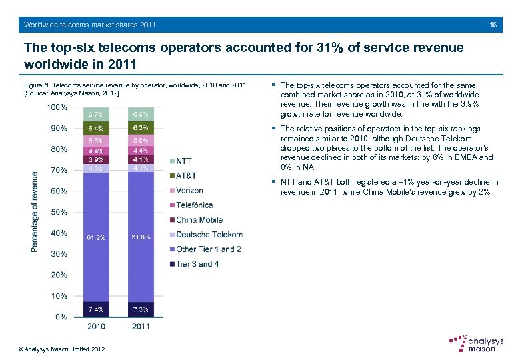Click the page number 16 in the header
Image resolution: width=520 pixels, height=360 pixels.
tap(493, 25)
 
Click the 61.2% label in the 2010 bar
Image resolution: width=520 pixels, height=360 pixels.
tap(95, 237)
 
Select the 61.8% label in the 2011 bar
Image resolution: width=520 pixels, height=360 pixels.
tap(141, 237)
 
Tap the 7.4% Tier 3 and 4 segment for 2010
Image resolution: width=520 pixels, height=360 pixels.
tap(95, 309)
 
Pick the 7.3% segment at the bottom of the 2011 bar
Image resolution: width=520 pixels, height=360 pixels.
tap(141, 309)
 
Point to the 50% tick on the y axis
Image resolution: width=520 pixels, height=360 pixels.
tap(59, 212)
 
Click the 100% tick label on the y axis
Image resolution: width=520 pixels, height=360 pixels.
tap(57, 107)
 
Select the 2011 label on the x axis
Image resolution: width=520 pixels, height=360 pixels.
tap(141, 327)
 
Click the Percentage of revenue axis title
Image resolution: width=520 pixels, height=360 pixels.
tap(35, 211)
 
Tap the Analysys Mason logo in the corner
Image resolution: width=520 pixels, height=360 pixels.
tap(476, 343)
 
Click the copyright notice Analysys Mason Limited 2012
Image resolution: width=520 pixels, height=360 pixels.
tap(61, 349)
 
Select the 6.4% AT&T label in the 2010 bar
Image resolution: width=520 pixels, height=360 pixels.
tap(95, 128)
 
